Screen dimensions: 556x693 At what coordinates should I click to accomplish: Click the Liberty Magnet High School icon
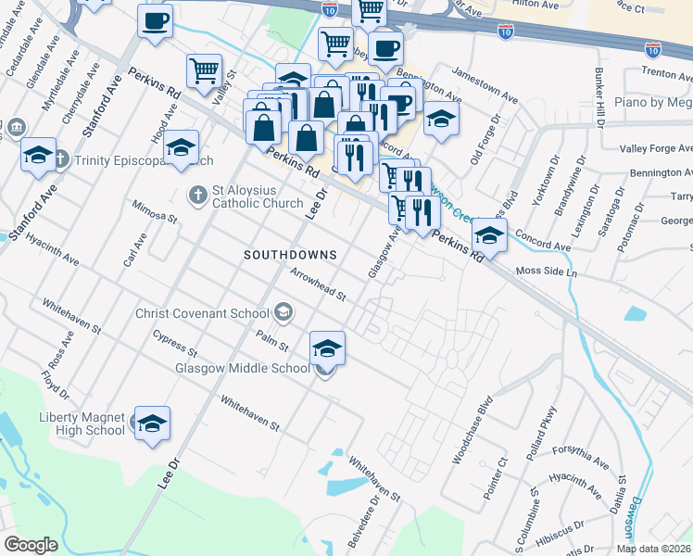(153, 422)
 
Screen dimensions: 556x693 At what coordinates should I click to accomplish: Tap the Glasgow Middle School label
(242, 368)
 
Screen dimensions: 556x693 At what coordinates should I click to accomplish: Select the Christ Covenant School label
(201, 312)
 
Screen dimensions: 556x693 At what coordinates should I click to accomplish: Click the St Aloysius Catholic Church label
(258, 196)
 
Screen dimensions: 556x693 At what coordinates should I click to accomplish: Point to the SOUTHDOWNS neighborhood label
(289, 254)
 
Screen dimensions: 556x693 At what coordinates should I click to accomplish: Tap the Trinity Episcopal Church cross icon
(61, 160)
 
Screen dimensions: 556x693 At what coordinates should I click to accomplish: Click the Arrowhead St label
(318, 285)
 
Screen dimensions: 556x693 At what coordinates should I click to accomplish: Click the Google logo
(31, 544)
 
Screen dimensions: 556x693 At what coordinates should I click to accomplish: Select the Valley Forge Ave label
(655, 148)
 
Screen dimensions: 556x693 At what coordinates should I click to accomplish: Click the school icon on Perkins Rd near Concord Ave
(489, 235)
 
